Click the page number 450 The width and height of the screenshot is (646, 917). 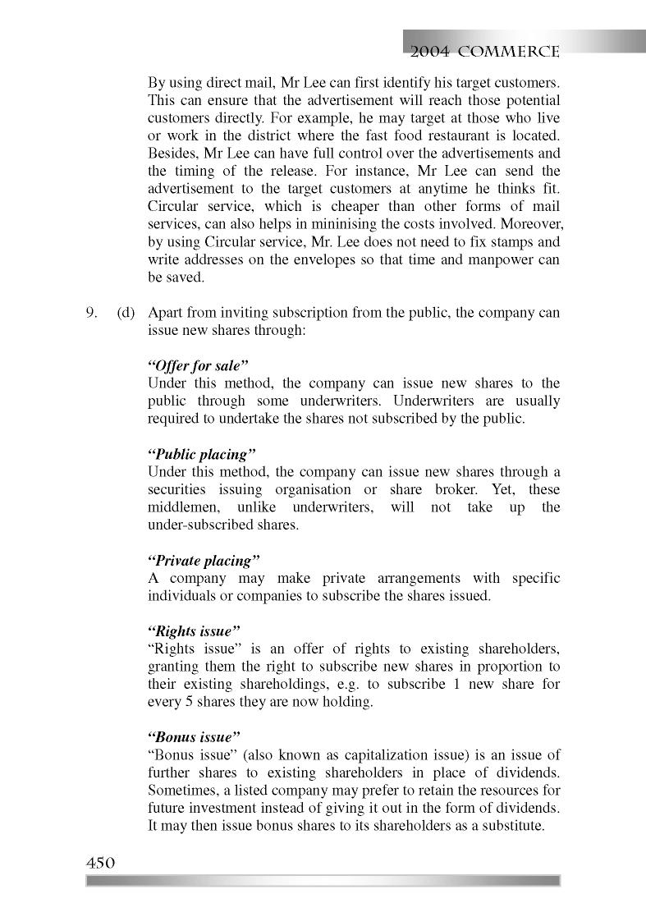[99, 863]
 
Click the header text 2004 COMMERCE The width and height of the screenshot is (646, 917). [485, 52]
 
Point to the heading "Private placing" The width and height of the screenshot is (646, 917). [204, 561]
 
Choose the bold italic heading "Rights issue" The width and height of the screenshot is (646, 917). [194, 631]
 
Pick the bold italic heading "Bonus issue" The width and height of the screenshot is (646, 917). [194, 737]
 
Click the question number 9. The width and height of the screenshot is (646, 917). [92, 313]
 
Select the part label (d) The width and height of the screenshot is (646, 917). [125, 313]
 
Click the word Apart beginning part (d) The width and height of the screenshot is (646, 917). [165, 313]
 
